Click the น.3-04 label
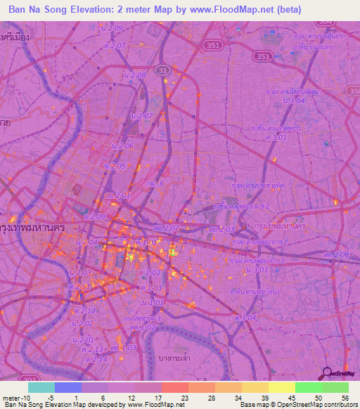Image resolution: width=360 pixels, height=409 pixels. [293, 101]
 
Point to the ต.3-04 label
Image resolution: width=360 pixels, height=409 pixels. [246, 318]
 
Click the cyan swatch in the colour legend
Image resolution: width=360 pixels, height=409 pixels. [41, 387]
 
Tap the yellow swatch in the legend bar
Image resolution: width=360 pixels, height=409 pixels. [281, 387]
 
